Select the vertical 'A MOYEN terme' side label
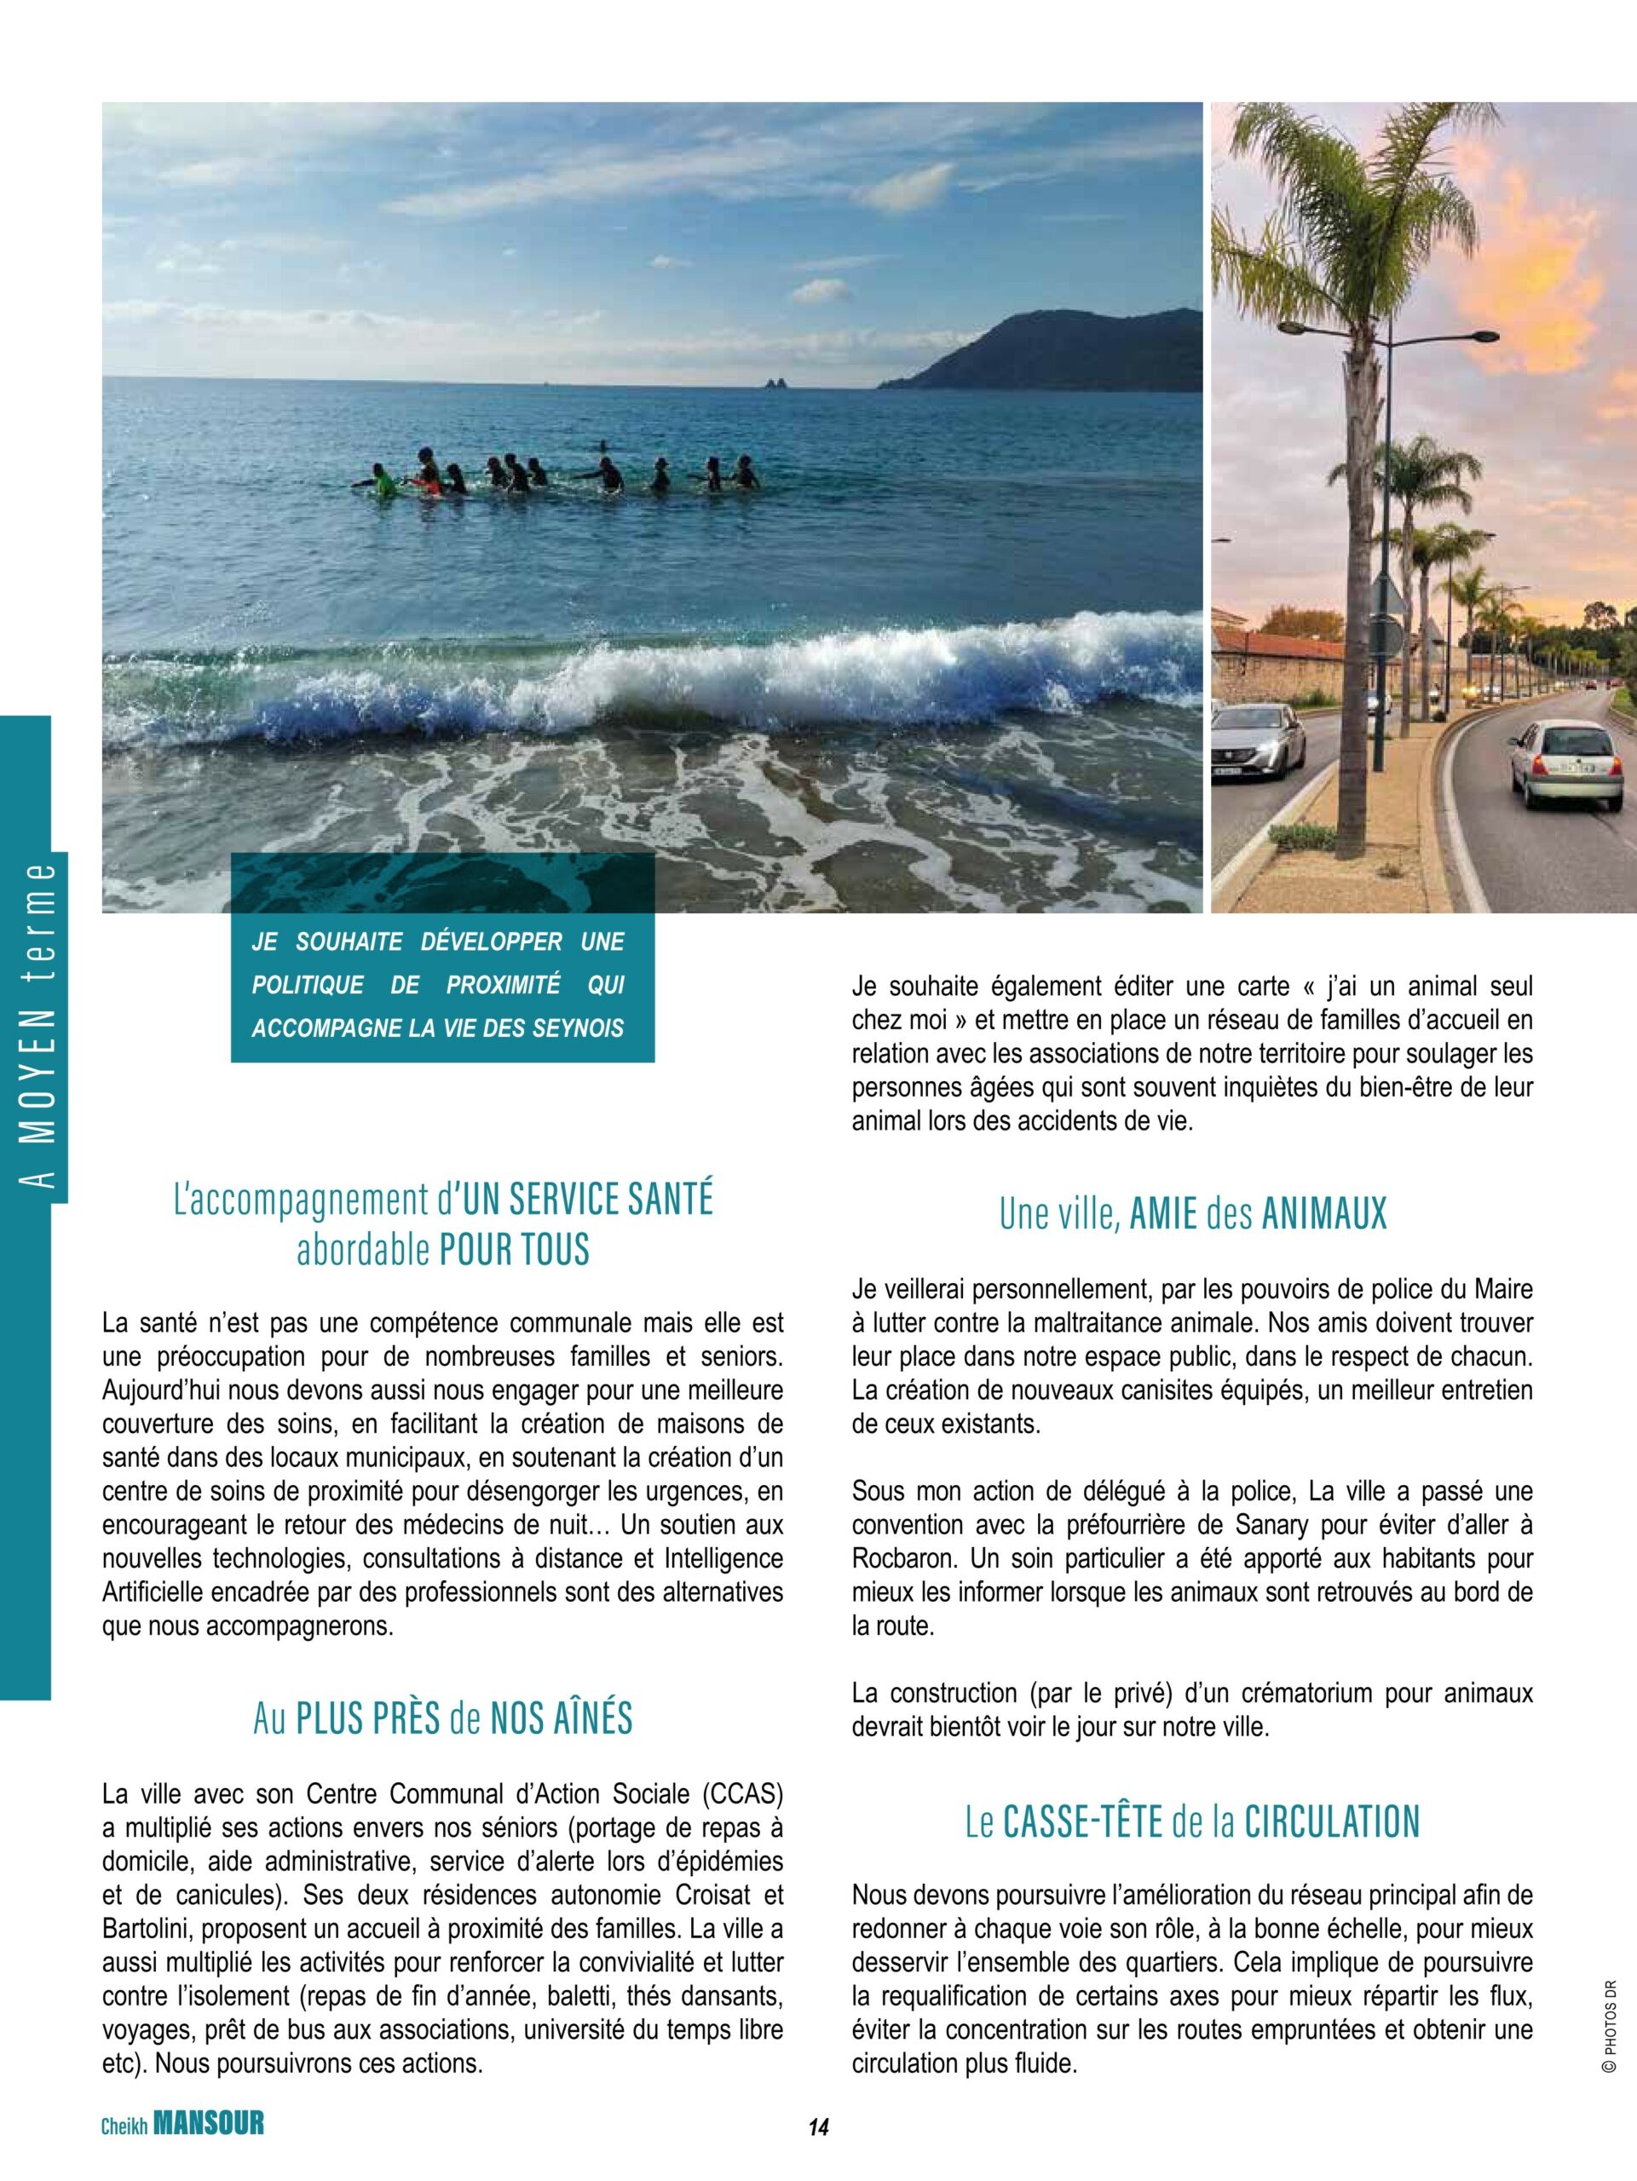click(x=38, y=1027)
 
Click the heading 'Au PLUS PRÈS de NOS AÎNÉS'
click(x=443, y=1718)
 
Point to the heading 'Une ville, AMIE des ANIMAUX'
click(x=1192, y=1214)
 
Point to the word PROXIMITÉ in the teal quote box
click(x=502, y=985)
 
